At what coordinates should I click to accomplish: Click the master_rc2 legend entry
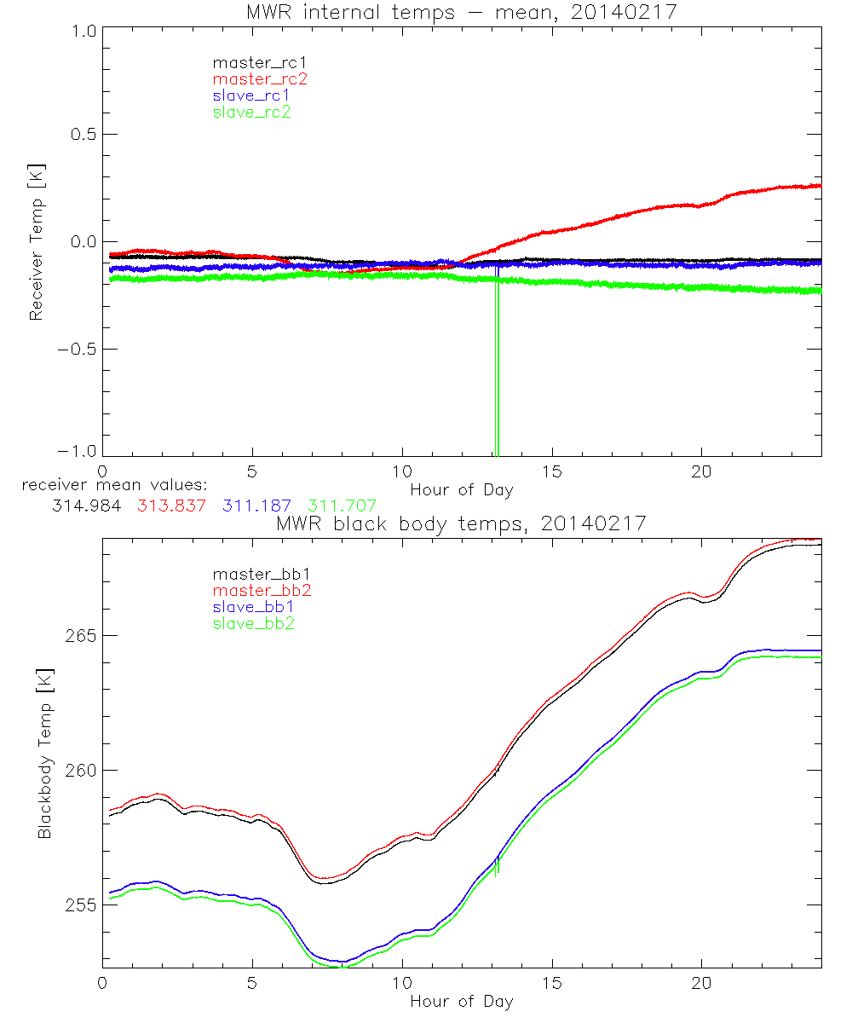click(259, 79)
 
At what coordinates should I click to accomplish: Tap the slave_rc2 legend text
click(252, 112)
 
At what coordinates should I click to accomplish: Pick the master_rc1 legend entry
click(253, 63)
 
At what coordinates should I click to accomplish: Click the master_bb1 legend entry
click(254, 575)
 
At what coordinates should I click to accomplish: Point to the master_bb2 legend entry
click(259, 591)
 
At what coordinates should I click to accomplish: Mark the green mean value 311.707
click(342, 506)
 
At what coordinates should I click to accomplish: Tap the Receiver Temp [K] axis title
click(36, 241)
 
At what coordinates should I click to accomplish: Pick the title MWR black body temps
click(461, 523)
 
